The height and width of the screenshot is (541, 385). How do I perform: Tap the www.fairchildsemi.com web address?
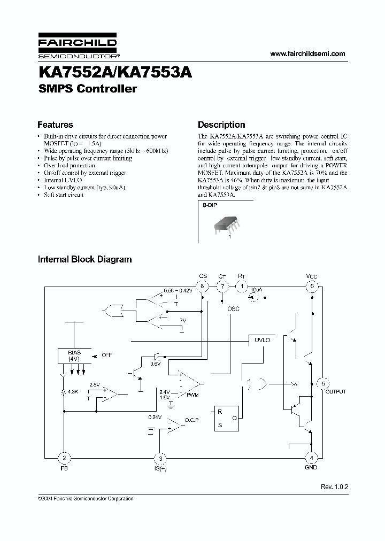(x=308, y=54)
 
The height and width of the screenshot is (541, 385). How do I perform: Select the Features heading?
(x=55, y=125)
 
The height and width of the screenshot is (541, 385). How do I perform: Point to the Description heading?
(x=221, y=125)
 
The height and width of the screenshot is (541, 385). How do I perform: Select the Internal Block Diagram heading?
(x=84, y=259)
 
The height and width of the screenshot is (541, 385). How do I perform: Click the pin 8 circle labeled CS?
(x=203, y=286)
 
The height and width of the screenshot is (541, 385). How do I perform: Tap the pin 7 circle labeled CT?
(x=222, y=286)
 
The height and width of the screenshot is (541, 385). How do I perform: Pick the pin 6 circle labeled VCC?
(x=312, y=286)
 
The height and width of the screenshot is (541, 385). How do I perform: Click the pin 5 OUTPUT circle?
(x=323, y=383)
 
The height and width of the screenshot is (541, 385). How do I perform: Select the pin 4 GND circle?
(x=312, y=458)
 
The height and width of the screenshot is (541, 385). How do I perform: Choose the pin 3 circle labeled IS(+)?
(x=159, y=458)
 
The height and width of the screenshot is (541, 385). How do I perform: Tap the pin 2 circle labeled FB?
(x=64, y=458)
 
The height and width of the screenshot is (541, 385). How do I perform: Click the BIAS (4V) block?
(x=74, y=355)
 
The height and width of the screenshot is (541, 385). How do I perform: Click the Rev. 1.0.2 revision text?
(x=334, y=486)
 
